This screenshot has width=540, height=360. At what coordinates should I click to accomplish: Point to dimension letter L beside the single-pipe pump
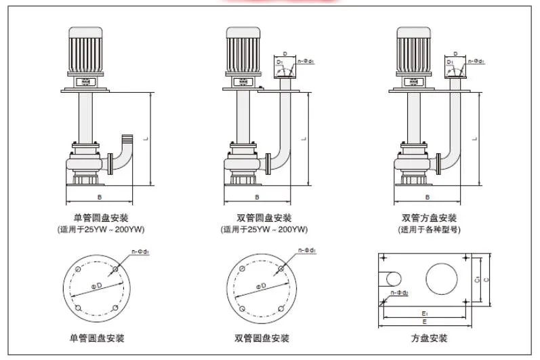point(146,138)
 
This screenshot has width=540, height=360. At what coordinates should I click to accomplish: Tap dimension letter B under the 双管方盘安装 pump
point(427,197)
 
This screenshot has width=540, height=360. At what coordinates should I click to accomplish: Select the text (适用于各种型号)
point(428,229)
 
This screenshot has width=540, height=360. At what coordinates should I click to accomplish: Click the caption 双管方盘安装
point(428,218)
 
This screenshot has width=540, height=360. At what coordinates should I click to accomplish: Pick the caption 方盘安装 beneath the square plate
point(428,338)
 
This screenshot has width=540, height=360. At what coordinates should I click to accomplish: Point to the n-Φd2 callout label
point(400,293)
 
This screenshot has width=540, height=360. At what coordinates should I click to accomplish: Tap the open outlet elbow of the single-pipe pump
point(125,140)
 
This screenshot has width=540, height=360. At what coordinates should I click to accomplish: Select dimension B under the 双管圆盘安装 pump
point(257,197)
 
